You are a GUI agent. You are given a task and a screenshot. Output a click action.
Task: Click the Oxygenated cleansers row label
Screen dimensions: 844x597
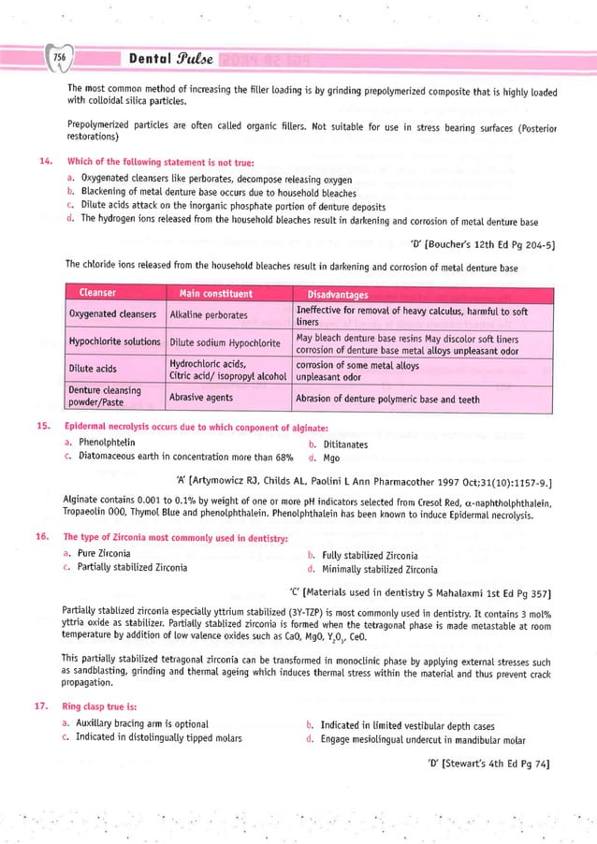click(112, 314)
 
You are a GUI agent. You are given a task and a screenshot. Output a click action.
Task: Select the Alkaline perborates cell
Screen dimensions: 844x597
click(209, 315)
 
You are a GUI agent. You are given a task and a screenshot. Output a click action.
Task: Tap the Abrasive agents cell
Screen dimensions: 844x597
click(201, 397)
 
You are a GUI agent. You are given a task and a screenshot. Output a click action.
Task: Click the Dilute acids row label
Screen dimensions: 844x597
click(94, 369)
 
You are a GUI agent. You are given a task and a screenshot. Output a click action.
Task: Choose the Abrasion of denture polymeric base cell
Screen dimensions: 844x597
click(387, 399)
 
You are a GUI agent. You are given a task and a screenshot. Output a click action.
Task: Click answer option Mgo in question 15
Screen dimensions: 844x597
click(331, 458)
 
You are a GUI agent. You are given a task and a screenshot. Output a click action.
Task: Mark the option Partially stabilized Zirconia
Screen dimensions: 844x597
click(133, 568)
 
